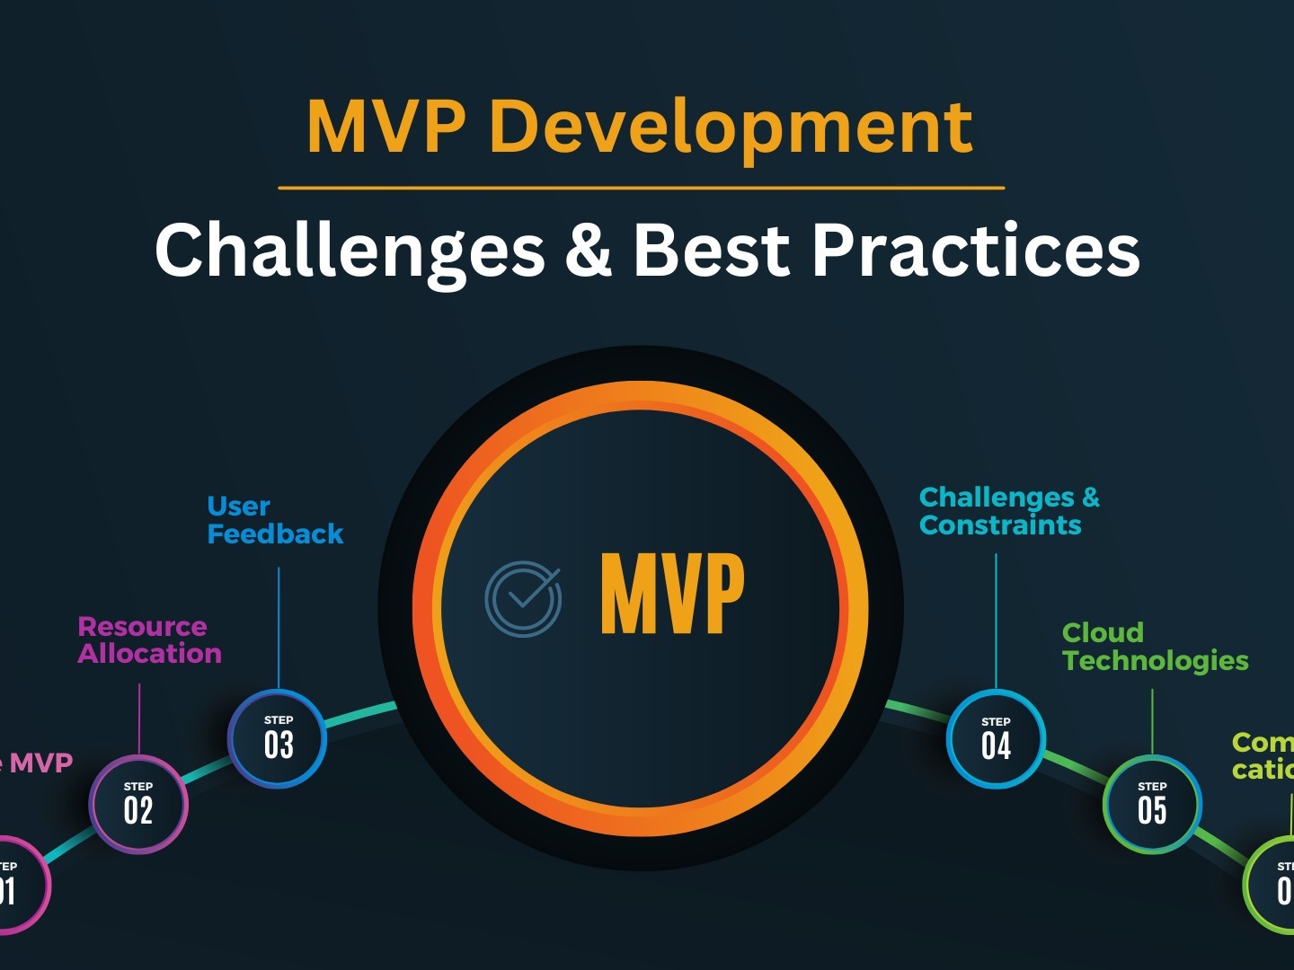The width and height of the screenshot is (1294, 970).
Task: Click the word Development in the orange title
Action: click(x=731, y=128)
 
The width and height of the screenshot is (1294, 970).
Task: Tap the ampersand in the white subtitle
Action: click(x=589, y=250)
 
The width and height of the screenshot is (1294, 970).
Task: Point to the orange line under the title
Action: click(x=641, y=188)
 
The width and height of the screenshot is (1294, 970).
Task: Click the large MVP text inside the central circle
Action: click(x=672, y=594)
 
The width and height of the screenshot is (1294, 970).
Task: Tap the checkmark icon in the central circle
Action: click(x=523, y=599)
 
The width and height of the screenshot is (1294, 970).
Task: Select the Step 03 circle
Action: click(x=278, y=739)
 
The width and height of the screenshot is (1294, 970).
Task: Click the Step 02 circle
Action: click(x=138, y=805)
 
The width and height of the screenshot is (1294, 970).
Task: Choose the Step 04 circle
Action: click(x=996, y=739)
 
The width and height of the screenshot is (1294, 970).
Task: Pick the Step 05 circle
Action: click(x=1152, y=805)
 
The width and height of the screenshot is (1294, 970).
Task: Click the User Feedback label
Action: click(x=274, y=520)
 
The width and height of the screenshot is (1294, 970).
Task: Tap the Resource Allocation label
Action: click(x=149, y=639)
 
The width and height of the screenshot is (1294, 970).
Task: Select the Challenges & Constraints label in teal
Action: click(x=1008, y=511)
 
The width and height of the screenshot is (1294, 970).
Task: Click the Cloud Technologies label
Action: click(x=1155, y=647)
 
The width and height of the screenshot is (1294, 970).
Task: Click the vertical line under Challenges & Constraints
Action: click(x=996, y=620)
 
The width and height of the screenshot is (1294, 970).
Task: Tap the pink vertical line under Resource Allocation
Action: click(x=139, y=719)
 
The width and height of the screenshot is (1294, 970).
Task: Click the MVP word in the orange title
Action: click(x=386, y=128)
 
